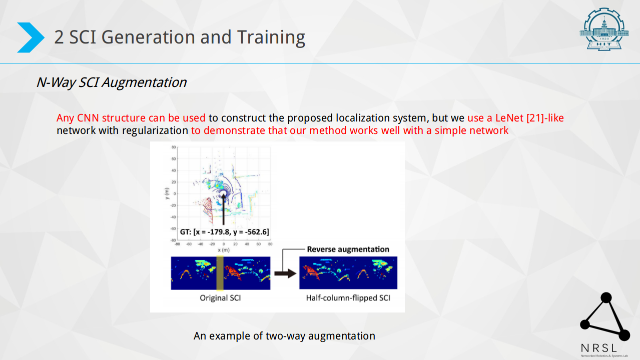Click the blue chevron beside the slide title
point(31,37)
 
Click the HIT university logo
point(604,29)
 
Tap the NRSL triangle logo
point(605,316)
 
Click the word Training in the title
point(271,37)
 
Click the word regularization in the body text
point(155,130)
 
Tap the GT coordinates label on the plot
point(225,232)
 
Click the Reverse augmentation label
point(348,249)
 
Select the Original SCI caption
point(220,298)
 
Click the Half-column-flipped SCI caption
point(348,298)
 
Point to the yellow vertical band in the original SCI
point(220,273)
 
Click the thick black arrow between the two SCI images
point(285,273)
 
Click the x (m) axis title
point(224,250)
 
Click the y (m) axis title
point(167,193)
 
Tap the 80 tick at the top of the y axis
point(174,147)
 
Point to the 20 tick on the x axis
point(235,244)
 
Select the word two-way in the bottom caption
point(285,336)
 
